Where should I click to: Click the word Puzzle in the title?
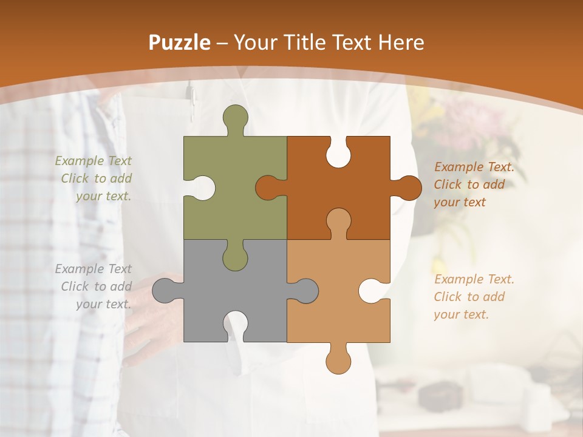(x=180, y=43)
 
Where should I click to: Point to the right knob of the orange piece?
(x=409, y=188)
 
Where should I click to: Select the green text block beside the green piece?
(x=95, y=178)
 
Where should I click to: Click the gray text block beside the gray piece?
(x=95, y=286)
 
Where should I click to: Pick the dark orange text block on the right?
(x=474, y=185)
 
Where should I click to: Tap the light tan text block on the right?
(x=474, y=297)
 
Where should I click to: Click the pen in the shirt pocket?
(x=192, y=97)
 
